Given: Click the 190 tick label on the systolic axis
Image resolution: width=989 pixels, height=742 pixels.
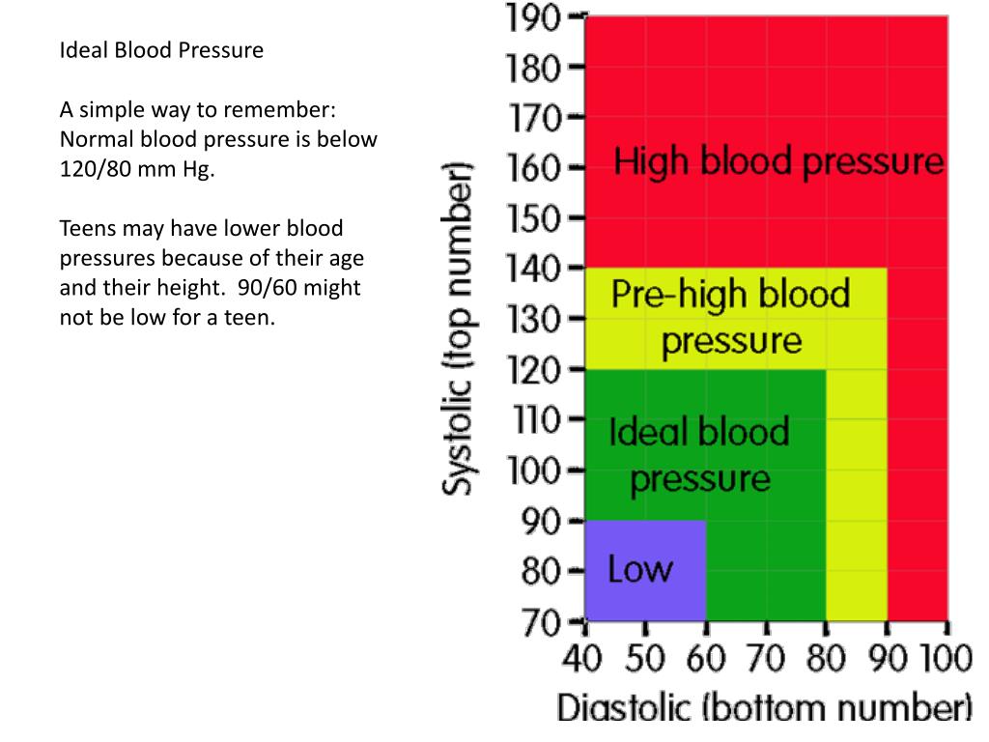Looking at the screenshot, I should (x=533, y=17).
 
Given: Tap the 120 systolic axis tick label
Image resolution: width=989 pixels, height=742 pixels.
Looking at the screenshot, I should (x=533, y=369).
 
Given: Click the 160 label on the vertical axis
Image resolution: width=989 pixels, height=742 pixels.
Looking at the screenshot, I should (x=533, y=168).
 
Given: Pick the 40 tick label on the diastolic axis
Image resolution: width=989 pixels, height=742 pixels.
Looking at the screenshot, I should (x=582, y=661).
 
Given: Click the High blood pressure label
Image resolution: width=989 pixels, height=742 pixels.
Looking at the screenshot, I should (x=778, y=161).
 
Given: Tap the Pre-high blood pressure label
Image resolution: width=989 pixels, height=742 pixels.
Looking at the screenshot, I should (x=731, y=317).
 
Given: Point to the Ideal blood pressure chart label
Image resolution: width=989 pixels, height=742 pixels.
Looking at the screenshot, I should (x=699, y=454).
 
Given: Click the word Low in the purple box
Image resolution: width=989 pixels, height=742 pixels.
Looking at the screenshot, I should (x=639, y=568).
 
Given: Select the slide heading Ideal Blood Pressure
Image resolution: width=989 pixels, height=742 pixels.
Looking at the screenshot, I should (x=161, y=49).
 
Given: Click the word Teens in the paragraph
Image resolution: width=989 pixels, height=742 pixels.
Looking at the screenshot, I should (x=88, y=229).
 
